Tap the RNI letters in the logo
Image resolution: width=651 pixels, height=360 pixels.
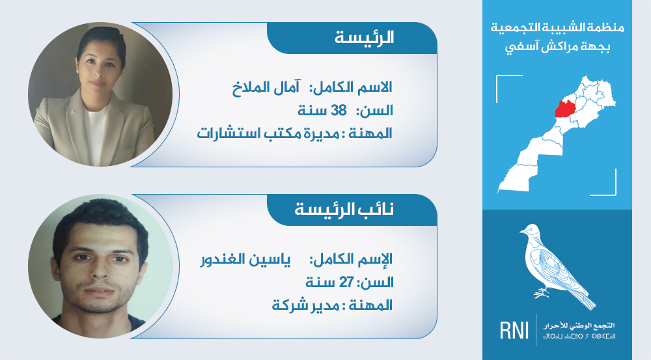pos(514,330)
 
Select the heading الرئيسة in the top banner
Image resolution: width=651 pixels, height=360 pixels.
pos(364,38)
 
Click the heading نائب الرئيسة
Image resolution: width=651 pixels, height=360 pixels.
pos(344,209)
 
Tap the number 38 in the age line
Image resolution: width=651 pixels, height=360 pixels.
pos(339,111)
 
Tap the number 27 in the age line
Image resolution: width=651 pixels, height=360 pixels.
pos(346,283)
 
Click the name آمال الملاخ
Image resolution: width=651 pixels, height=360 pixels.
pos(266,87)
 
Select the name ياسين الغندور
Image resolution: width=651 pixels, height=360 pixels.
pos(245,260)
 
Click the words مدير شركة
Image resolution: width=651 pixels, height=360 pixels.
pos(306,305)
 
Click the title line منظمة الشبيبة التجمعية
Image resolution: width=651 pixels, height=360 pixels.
pos(558,28)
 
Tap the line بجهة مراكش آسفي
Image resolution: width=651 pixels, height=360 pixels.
pos(558,46)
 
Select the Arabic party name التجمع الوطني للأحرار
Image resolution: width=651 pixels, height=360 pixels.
pos(579,325)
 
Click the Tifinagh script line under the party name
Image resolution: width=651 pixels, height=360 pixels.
pos(579,336)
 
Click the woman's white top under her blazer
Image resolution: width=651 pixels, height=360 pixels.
pos(96,133)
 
